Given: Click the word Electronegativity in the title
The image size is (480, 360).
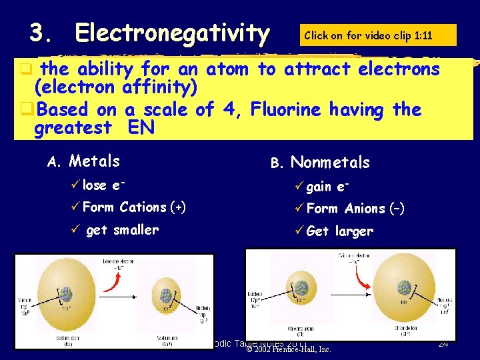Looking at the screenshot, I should (x=172, y=33).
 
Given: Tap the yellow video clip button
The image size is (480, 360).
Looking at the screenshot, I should (x=378, y=35).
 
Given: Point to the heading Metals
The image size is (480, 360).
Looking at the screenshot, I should (x=95, y=161).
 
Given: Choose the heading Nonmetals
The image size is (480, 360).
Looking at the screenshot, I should (x=330, y=163).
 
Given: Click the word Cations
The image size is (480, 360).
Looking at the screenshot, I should (x=143, y=207).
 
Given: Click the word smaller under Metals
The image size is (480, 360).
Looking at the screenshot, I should (x=136, y=230).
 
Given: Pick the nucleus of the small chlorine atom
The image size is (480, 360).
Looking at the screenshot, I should (x=301, y=289).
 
